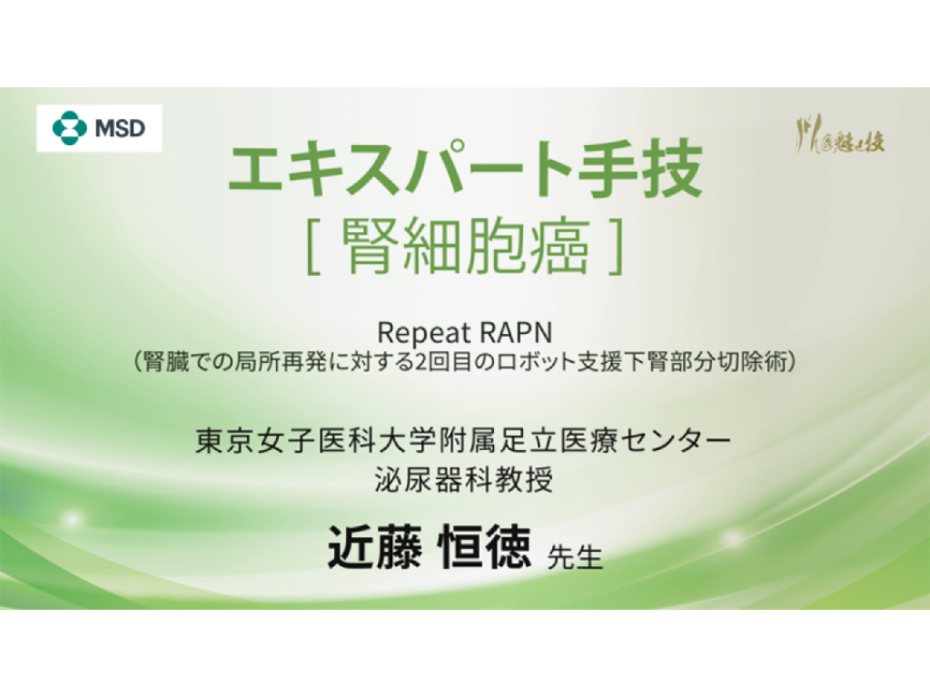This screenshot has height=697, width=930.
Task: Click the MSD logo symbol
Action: coord(69,128)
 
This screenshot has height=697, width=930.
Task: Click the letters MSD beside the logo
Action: coord(120,128)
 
